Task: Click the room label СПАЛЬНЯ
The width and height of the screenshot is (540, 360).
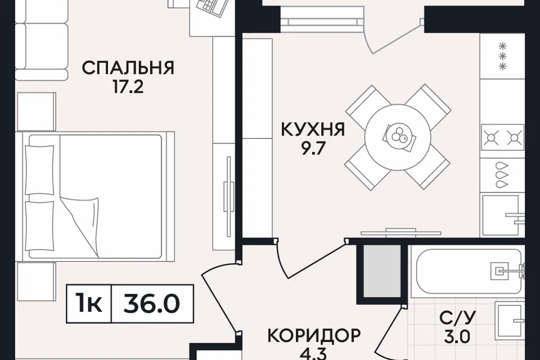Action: (x=128, y=68)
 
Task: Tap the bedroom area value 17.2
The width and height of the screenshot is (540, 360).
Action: (x=128, y=87)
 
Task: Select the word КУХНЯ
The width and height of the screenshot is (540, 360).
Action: (x=313, y=129)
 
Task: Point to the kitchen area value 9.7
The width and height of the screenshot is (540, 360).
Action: (x=311, y=149)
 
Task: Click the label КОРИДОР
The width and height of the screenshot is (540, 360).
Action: (x=314, y=335)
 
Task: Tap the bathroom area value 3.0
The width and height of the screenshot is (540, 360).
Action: (x=457, y=336)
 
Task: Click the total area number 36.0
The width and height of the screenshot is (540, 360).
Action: (x=152, y=304)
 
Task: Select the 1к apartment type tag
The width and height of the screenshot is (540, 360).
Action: (x=89, y=304)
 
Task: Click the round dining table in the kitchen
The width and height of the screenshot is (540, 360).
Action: (x=398, y=137)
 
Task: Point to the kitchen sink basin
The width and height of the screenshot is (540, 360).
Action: (x=501, y=215)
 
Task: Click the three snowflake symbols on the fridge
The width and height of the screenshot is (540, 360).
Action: (x=503, y=56)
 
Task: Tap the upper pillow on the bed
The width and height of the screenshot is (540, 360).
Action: (x=40, y=169)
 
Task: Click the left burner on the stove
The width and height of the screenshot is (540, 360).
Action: (x=492, y=138)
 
